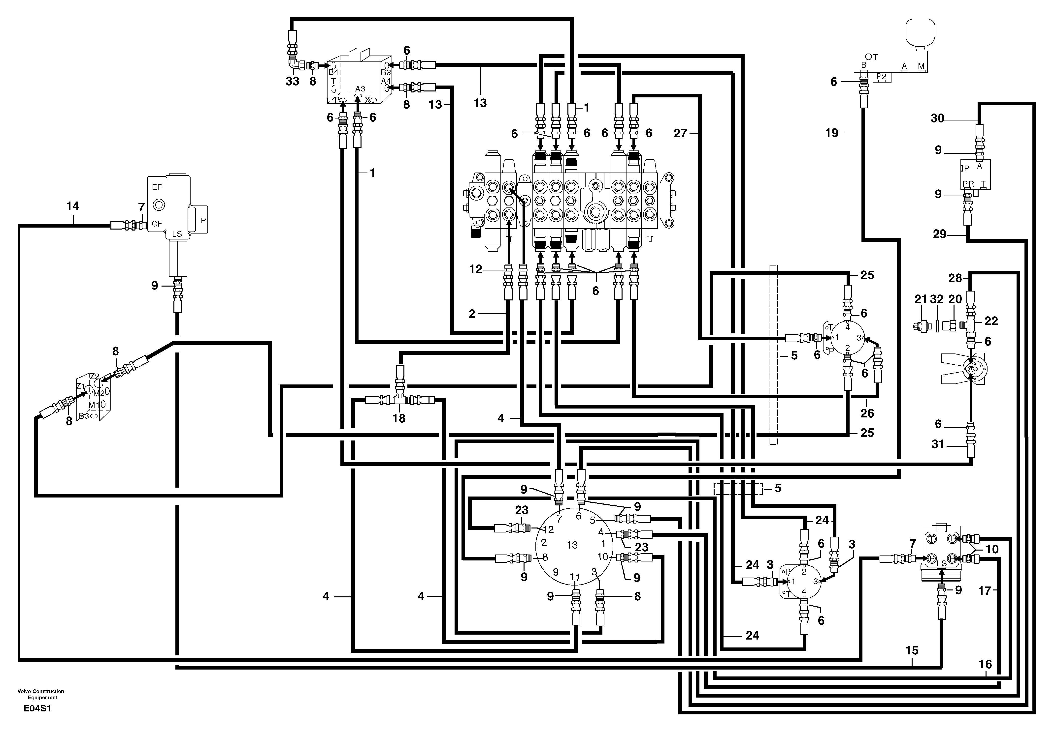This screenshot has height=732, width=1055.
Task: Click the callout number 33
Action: pos(292,81)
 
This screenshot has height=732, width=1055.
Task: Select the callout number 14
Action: pos(72,206)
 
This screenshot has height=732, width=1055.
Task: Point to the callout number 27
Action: pos(680,133)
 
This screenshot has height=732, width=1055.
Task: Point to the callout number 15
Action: pos(912,650)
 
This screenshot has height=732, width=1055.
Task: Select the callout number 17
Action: pos(985,591)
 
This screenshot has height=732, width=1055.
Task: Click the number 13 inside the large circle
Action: pos(572,545)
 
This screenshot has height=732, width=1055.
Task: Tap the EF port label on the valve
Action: pos(157,187)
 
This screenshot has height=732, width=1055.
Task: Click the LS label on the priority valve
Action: pos(177,234)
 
